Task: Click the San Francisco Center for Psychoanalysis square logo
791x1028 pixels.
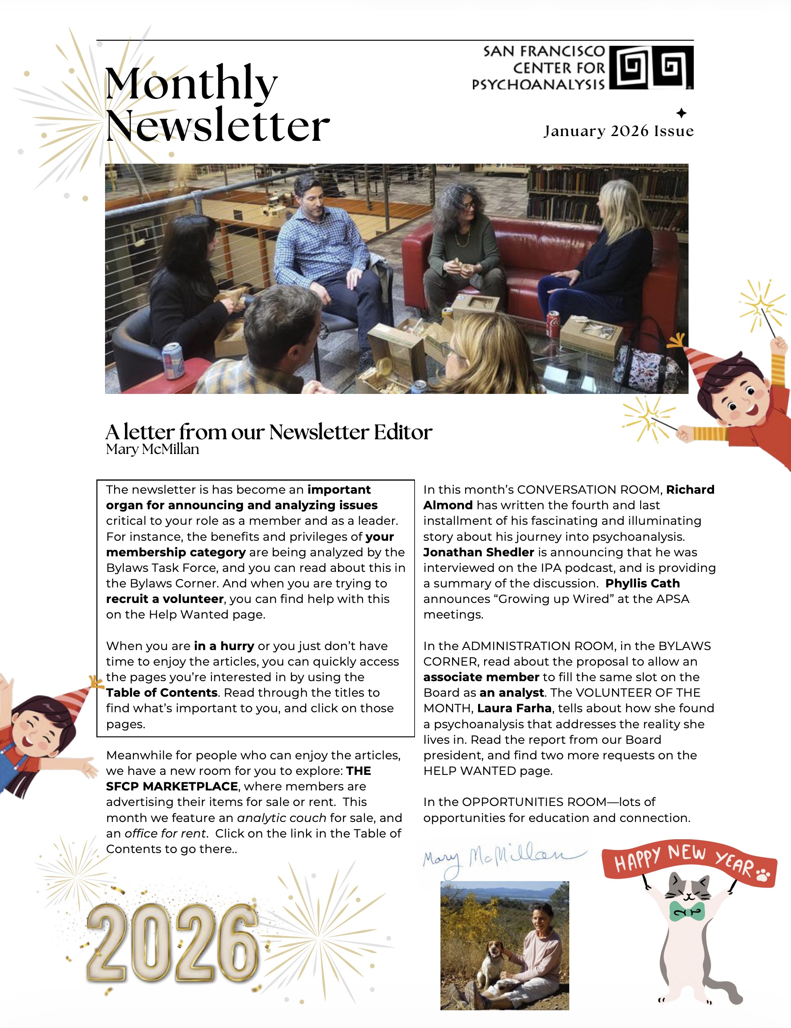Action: [651, 67]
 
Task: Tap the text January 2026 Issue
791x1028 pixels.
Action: [619, 131]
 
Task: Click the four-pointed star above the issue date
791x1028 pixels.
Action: [681, 113]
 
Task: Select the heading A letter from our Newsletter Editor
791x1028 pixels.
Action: [268, 432]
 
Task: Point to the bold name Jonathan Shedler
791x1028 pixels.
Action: [478, 552]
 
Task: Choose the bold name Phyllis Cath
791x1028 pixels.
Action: [642, 584]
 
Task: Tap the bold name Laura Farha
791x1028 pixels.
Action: [514, 708]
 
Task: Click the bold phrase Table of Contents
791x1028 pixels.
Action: [162, 692]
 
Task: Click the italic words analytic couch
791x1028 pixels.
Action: [281, 818]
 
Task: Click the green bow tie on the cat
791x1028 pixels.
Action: [687, 911]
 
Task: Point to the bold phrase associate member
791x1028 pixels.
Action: [481, 677]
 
